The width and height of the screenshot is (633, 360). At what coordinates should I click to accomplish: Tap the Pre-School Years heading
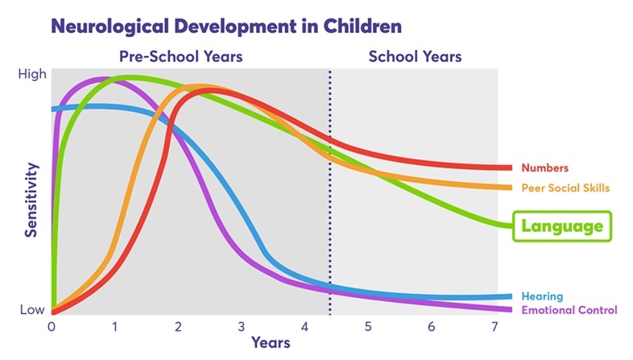[180, 57]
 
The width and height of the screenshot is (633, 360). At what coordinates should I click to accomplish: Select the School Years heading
[415, 57]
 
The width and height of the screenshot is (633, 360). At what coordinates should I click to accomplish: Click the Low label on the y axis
[33, 310]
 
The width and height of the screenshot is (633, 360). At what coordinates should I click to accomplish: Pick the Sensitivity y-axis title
[31, 200]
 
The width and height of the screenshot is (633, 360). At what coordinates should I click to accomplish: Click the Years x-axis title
[270, 342]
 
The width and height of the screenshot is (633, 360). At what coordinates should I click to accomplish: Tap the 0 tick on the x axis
[52, 327]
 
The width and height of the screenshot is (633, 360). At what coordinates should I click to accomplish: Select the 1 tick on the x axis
[114, 327]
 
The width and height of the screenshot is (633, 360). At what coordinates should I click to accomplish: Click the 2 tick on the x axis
[178, 327]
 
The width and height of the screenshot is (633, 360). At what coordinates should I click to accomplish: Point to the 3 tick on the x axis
[241, 327]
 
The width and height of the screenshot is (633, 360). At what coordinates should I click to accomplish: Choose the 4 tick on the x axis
[304, 327]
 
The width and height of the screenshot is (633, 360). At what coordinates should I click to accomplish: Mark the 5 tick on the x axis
[368, 327]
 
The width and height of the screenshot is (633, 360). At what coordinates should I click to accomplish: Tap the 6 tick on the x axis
[432, 327]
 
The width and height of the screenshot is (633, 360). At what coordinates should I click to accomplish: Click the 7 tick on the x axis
[494, 327]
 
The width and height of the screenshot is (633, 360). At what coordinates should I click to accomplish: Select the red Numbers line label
[545, 168]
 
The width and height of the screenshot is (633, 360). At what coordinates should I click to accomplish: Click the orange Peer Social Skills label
[565, 188]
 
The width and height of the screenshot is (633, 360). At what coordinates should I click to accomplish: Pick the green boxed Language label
[562, 226]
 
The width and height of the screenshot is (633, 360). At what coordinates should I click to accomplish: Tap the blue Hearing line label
[542, 296]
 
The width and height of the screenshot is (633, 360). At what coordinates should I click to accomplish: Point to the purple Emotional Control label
[569, 310]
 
